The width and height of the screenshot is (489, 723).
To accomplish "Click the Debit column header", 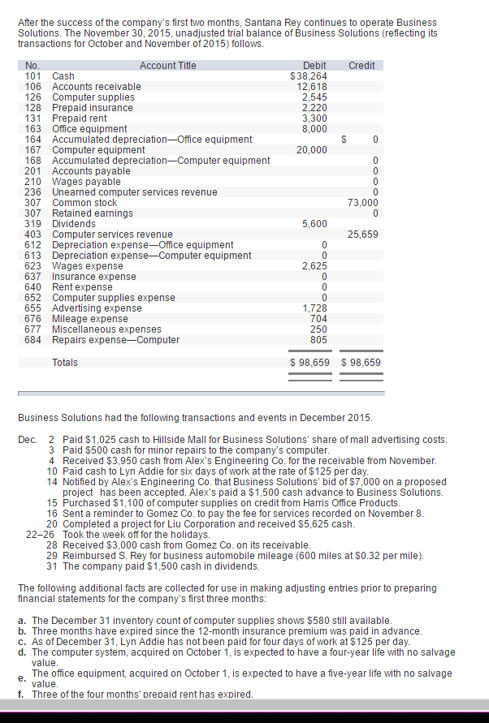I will tap(314, 66).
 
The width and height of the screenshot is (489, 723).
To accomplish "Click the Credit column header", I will tap(361, 66).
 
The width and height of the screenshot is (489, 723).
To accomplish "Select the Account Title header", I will tap(167, 66).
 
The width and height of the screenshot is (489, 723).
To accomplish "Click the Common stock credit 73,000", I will tap(363, 203).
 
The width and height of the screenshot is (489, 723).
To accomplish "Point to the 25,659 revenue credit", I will tap(363, 235).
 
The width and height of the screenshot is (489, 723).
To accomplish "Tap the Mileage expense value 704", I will tap(318, 319).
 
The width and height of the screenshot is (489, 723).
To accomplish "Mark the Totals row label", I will tap(65, 362).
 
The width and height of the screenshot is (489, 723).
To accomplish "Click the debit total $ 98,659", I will tap(310, 362).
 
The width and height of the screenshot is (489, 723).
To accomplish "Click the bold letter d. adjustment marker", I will tap(24, 652).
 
